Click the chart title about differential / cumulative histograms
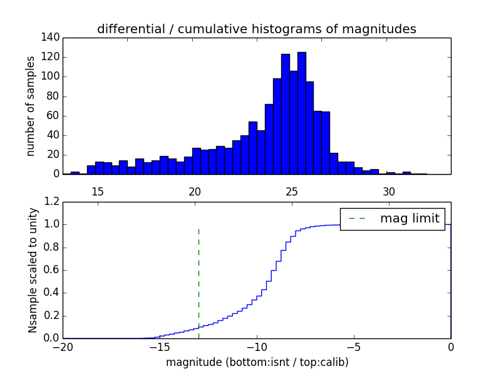pos(256,29)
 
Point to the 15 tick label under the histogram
pos(98,191)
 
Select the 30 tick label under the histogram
pos(389,191)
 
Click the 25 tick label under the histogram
pos(292,191)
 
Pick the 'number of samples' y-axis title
pos(30,106)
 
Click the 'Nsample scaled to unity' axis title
pos(33,270)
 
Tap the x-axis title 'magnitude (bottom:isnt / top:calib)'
pos(257,362)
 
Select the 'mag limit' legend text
pos(410,218)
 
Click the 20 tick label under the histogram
pos(195,191)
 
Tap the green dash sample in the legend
pos(356,219)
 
